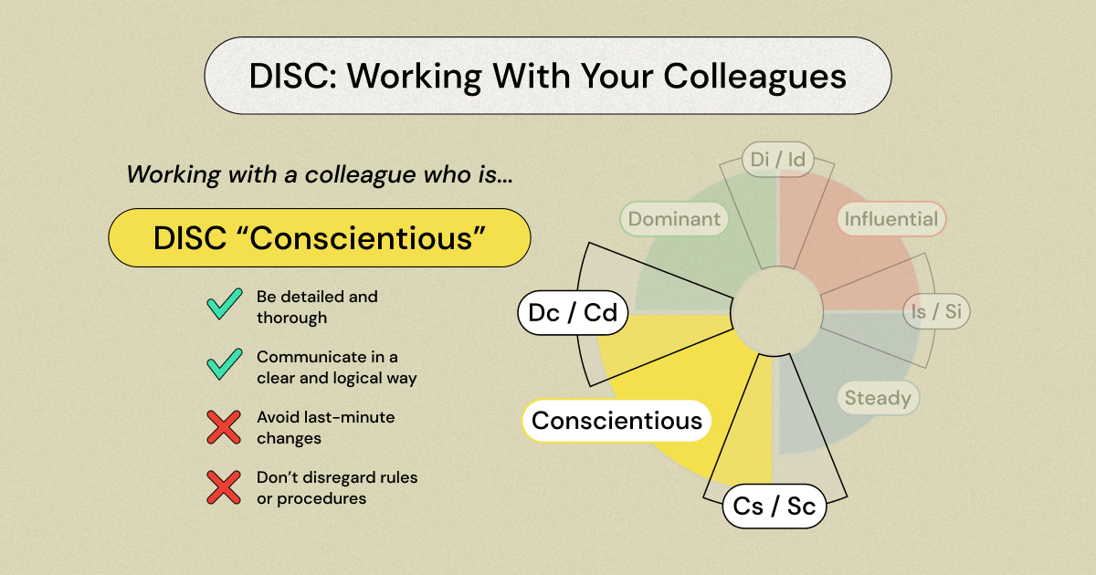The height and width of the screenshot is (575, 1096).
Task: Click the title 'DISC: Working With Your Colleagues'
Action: [x=547, y=76]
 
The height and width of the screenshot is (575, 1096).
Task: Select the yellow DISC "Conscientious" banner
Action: [x=319, y=237]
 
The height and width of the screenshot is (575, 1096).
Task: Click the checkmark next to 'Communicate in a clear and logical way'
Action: [x=224, y=363]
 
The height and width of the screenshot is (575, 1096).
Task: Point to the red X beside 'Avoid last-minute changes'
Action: [x=223, y=427]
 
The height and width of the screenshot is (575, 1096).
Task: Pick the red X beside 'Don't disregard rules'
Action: [x=223, y=487]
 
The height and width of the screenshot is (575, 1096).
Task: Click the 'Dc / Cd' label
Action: [x=573, y=313]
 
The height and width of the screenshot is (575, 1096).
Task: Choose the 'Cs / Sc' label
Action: [x=775, y=507]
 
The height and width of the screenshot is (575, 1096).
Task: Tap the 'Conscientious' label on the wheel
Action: [x=616, y=421]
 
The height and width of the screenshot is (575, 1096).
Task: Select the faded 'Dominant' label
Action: [x=674, y=219]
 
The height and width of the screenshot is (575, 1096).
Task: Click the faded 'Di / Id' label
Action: [x=777, y=160]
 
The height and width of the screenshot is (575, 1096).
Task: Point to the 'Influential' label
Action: [x=890, y=219]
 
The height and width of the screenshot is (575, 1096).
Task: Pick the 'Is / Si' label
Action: [x=936, y=311]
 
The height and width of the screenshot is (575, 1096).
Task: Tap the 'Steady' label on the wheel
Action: [x=878, y=398]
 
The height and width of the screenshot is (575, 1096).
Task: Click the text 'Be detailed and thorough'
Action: [x=316, y=308]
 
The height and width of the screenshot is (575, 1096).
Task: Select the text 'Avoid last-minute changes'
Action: [x=325, y=427]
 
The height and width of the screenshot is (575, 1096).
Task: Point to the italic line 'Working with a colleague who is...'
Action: [x=319, y=173]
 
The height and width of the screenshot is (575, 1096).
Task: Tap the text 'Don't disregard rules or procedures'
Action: [x=336, y=487]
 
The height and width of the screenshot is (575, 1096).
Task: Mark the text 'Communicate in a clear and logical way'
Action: [x=336, y=367]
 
